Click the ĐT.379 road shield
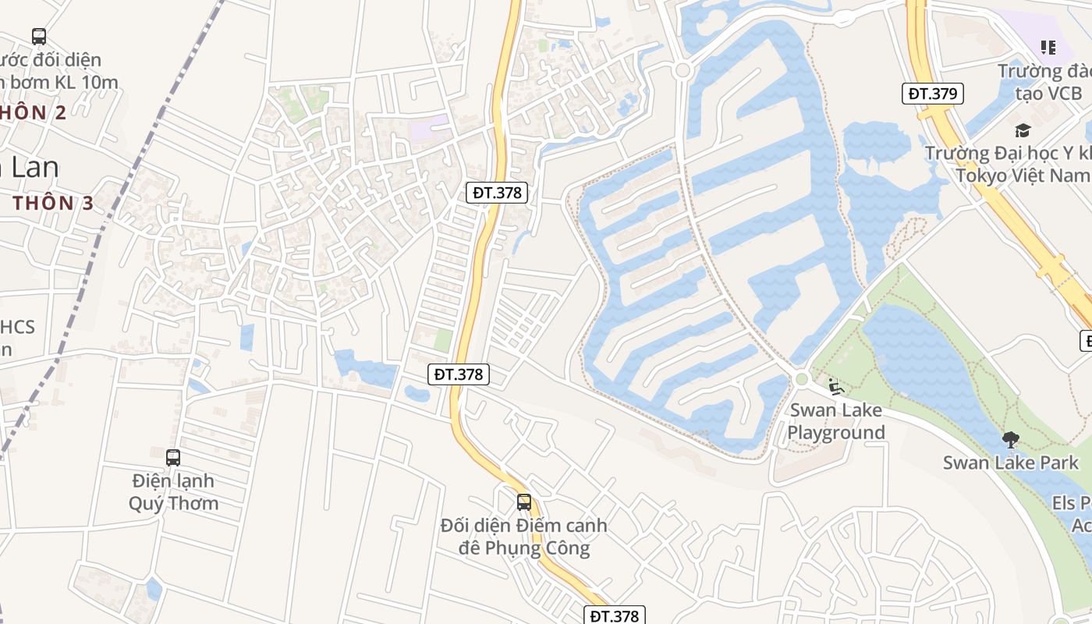point(933,94)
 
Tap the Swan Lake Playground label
point(835,421)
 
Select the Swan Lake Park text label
point(1011,463)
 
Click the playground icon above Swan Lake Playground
point(835,386)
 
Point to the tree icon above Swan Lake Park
point(1011,440)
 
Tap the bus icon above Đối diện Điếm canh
point(524,502)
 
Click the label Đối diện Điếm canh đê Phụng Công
point(524,537)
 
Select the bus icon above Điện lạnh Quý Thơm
point(173,458)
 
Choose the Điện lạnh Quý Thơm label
point(173,491)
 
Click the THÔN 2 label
point(33,112)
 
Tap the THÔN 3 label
point(53,204)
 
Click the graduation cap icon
point(1022,130)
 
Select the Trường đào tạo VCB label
point(1044,83)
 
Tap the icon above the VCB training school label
point(1048,48)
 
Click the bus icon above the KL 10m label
point(39,36)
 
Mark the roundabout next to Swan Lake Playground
point(801,380)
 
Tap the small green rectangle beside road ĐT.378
point(443,339)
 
